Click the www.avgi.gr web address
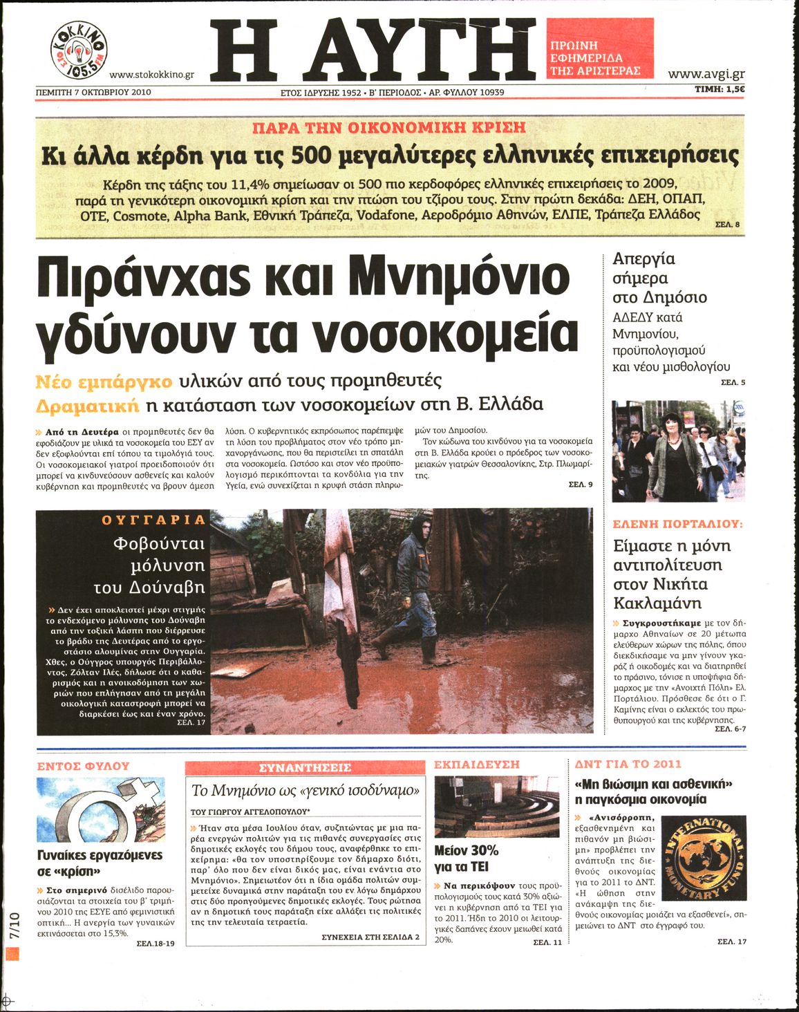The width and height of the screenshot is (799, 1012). point(706,74)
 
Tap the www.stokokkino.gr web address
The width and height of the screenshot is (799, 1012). point(151,75)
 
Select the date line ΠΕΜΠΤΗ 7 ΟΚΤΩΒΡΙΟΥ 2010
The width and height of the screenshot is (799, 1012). point(93,91)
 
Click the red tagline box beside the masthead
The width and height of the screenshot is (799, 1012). point(599,48)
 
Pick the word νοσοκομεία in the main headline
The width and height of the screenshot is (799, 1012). point(445,335)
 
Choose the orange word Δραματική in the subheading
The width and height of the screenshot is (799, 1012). point(87,404)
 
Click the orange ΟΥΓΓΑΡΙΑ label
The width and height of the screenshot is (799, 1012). point(153,520)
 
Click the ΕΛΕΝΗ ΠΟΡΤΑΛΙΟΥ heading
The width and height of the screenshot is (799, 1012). point(677,525)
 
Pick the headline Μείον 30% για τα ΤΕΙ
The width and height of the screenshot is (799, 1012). point(467,859)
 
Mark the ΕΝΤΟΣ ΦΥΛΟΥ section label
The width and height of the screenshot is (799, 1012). point(83,766)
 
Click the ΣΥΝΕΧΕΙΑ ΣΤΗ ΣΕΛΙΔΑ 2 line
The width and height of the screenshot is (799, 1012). point(370,937)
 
